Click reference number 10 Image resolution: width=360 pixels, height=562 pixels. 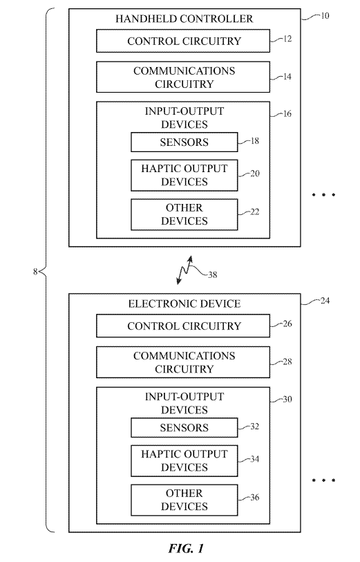tap(325, 16)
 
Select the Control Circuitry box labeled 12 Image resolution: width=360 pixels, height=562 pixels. tap(183, 41)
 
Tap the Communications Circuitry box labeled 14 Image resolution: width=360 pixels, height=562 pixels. tap(183, 77)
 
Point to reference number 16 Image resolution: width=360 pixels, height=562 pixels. tap(287, 113)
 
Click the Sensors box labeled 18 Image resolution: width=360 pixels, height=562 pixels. tap(184, 142)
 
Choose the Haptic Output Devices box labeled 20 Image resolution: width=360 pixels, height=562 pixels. tap(184, 176)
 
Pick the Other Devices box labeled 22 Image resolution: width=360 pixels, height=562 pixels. tap(184, 214)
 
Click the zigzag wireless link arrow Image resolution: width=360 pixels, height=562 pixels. tap(184, 270)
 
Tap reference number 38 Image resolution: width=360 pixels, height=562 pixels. tap(213, 275)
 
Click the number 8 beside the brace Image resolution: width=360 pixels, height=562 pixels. tap(35, 272)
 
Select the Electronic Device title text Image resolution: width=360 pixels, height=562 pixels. tap(184, 304)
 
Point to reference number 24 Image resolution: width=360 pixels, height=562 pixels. tap(325, 300)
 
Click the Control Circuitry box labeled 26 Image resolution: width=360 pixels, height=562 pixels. tap(183, 326)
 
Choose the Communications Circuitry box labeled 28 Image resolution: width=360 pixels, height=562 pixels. tap(183, 362)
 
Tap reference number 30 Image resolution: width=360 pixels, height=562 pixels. tap(287, 400)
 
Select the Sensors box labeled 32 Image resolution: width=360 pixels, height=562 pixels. tap(184, 428)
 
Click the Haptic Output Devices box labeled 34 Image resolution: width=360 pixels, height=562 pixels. tap(184, 460)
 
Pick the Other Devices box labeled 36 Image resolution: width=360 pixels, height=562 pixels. tap(184, 500)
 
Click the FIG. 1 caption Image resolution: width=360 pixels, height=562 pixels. tap(186, 548)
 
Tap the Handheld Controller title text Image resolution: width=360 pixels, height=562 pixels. tap(184, 19)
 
